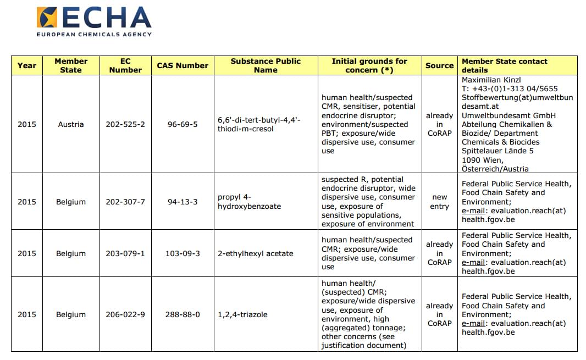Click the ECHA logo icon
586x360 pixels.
tap(48, 18)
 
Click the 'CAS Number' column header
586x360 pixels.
tap(183, 65)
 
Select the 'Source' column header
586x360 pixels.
tap(439, 65)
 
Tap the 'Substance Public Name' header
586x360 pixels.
tap(266, 65)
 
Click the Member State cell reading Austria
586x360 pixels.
tap(71, 124)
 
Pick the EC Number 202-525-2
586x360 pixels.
tap(125, 124)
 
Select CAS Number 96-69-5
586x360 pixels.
tap(183, 124)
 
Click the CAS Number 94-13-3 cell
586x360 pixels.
tap(183, 202)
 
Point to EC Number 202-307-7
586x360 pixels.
tap(125, 202)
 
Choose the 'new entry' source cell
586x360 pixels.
tap(439, 202)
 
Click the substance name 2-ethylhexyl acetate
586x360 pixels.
tap(256, 253)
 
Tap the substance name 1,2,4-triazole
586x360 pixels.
tap(242, 314)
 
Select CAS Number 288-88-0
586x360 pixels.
tap(183, 314)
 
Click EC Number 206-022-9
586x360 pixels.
tap(125, 314)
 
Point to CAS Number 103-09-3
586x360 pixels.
tap(183, 253)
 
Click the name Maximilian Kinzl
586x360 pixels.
tap(491, 80)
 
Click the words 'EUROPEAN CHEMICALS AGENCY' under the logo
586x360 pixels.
tap(94, 34)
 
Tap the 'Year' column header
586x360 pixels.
tap(26, 65)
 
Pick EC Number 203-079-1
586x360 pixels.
tap(125, 253)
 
